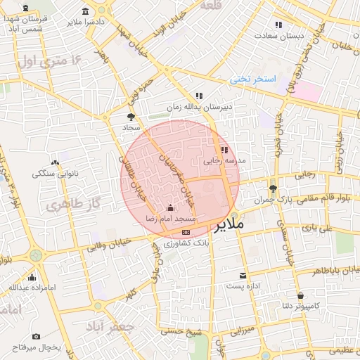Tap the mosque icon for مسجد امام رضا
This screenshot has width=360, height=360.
click(x=170, y=208)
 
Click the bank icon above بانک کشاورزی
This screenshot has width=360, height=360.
click(x=186, y=231)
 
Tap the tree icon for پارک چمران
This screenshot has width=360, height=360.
click(x=273, y=188)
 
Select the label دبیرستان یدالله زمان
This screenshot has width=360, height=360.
click(x=198, y=107)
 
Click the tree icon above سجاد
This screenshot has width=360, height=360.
click(x=131, y=117)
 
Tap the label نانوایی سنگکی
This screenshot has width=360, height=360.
click(x=55, y=173)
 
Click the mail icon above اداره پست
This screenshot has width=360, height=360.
click(x=243, y=275)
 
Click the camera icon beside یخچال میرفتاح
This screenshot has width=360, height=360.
click(x=36, y=337)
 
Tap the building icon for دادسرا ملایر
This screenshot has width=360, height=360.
click(x=86, y=11)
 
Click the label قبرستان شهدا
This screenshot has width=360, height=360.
click(x=25, y=18)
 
